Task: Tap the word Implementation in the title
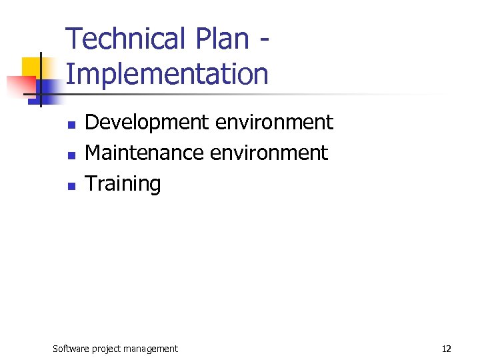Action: point(167,74)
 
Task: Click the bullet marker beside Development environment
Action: point(71,125)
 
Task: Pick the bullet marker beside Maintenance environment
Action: point(71,155)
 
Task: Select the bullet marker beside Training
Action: point(71,186)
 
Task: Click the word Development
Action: point(146,123)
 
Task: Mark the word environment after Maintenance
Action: point(269,153)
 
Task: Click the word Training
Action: point(123,185)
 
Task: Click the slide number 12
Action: point(447,348)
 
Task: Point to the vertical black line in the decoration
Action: point(41,79)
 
